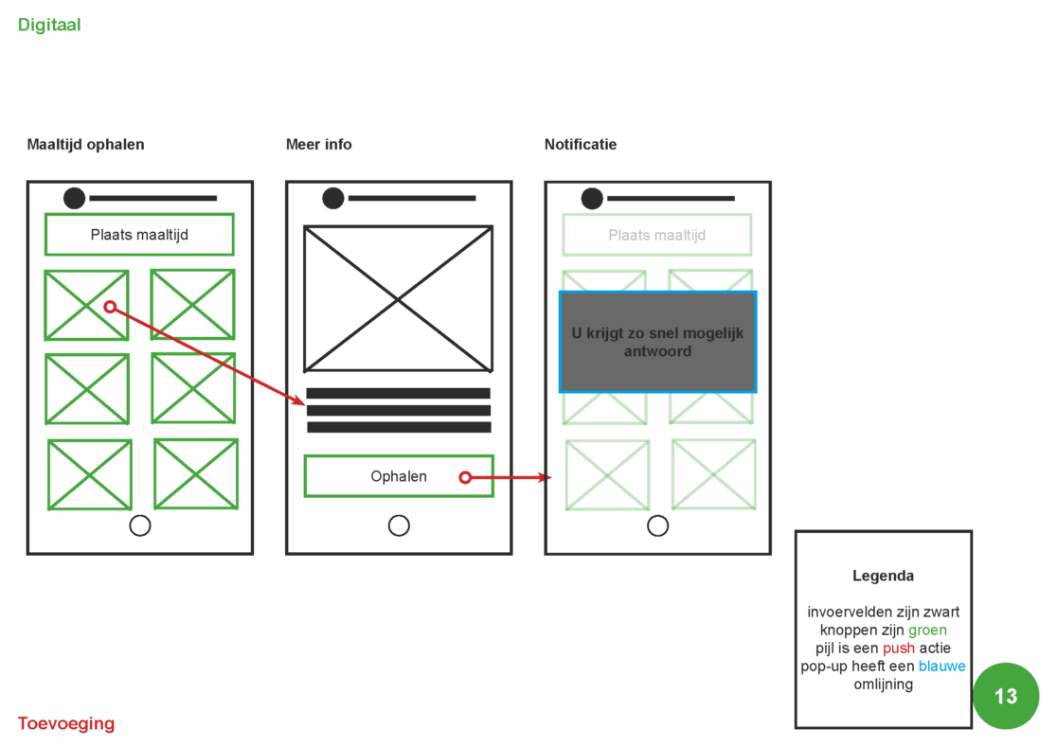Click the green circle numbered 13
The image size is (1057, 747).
(x=1005, y=696)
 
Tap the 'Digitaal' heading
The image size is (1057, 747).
(x=49, y=26)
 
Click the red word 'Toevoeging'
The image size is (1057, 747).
(x=66, y=724)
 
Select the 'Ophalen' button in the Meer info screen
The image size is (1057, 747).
(x=398, y=476)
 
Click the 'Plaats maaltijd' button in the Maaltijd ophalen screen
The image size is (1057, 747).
(x=139, y=235)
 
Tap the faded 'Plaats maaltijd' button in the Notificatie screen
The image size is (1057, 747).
(x=656, y=235)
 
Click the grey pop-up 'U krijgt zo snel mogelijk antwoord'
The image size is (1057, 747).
(x=657, y=342)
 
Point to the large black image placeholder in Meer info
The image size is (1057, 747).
(x=398, y=298)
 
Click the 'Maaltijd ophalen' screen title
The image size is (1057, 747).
(x=85, y=145)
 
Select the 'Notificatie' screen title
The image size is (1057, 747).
(x=581, y=145)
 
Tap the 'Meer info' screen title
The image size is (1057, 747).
(x=318, y=145)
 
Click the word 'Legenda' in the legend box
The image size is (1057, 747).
(x=883, y=576)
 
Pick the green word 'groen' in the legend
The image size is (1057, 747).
(x=927, y=630)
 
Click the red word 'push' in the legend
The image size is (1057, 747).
(x=899, y=649)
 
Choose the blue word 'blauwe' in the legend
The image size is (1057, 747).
(x=941, y=667)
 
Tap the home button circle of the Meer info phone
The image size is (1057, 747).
(x=399, y=525)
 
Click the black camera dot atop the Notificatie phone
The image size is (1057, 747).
(x=592, y=198)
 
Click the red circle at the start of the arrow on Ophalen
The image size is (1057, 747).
(x=465, y=478)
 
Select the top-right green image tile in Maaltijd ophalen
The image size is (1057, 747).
(x=192, y=304)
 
